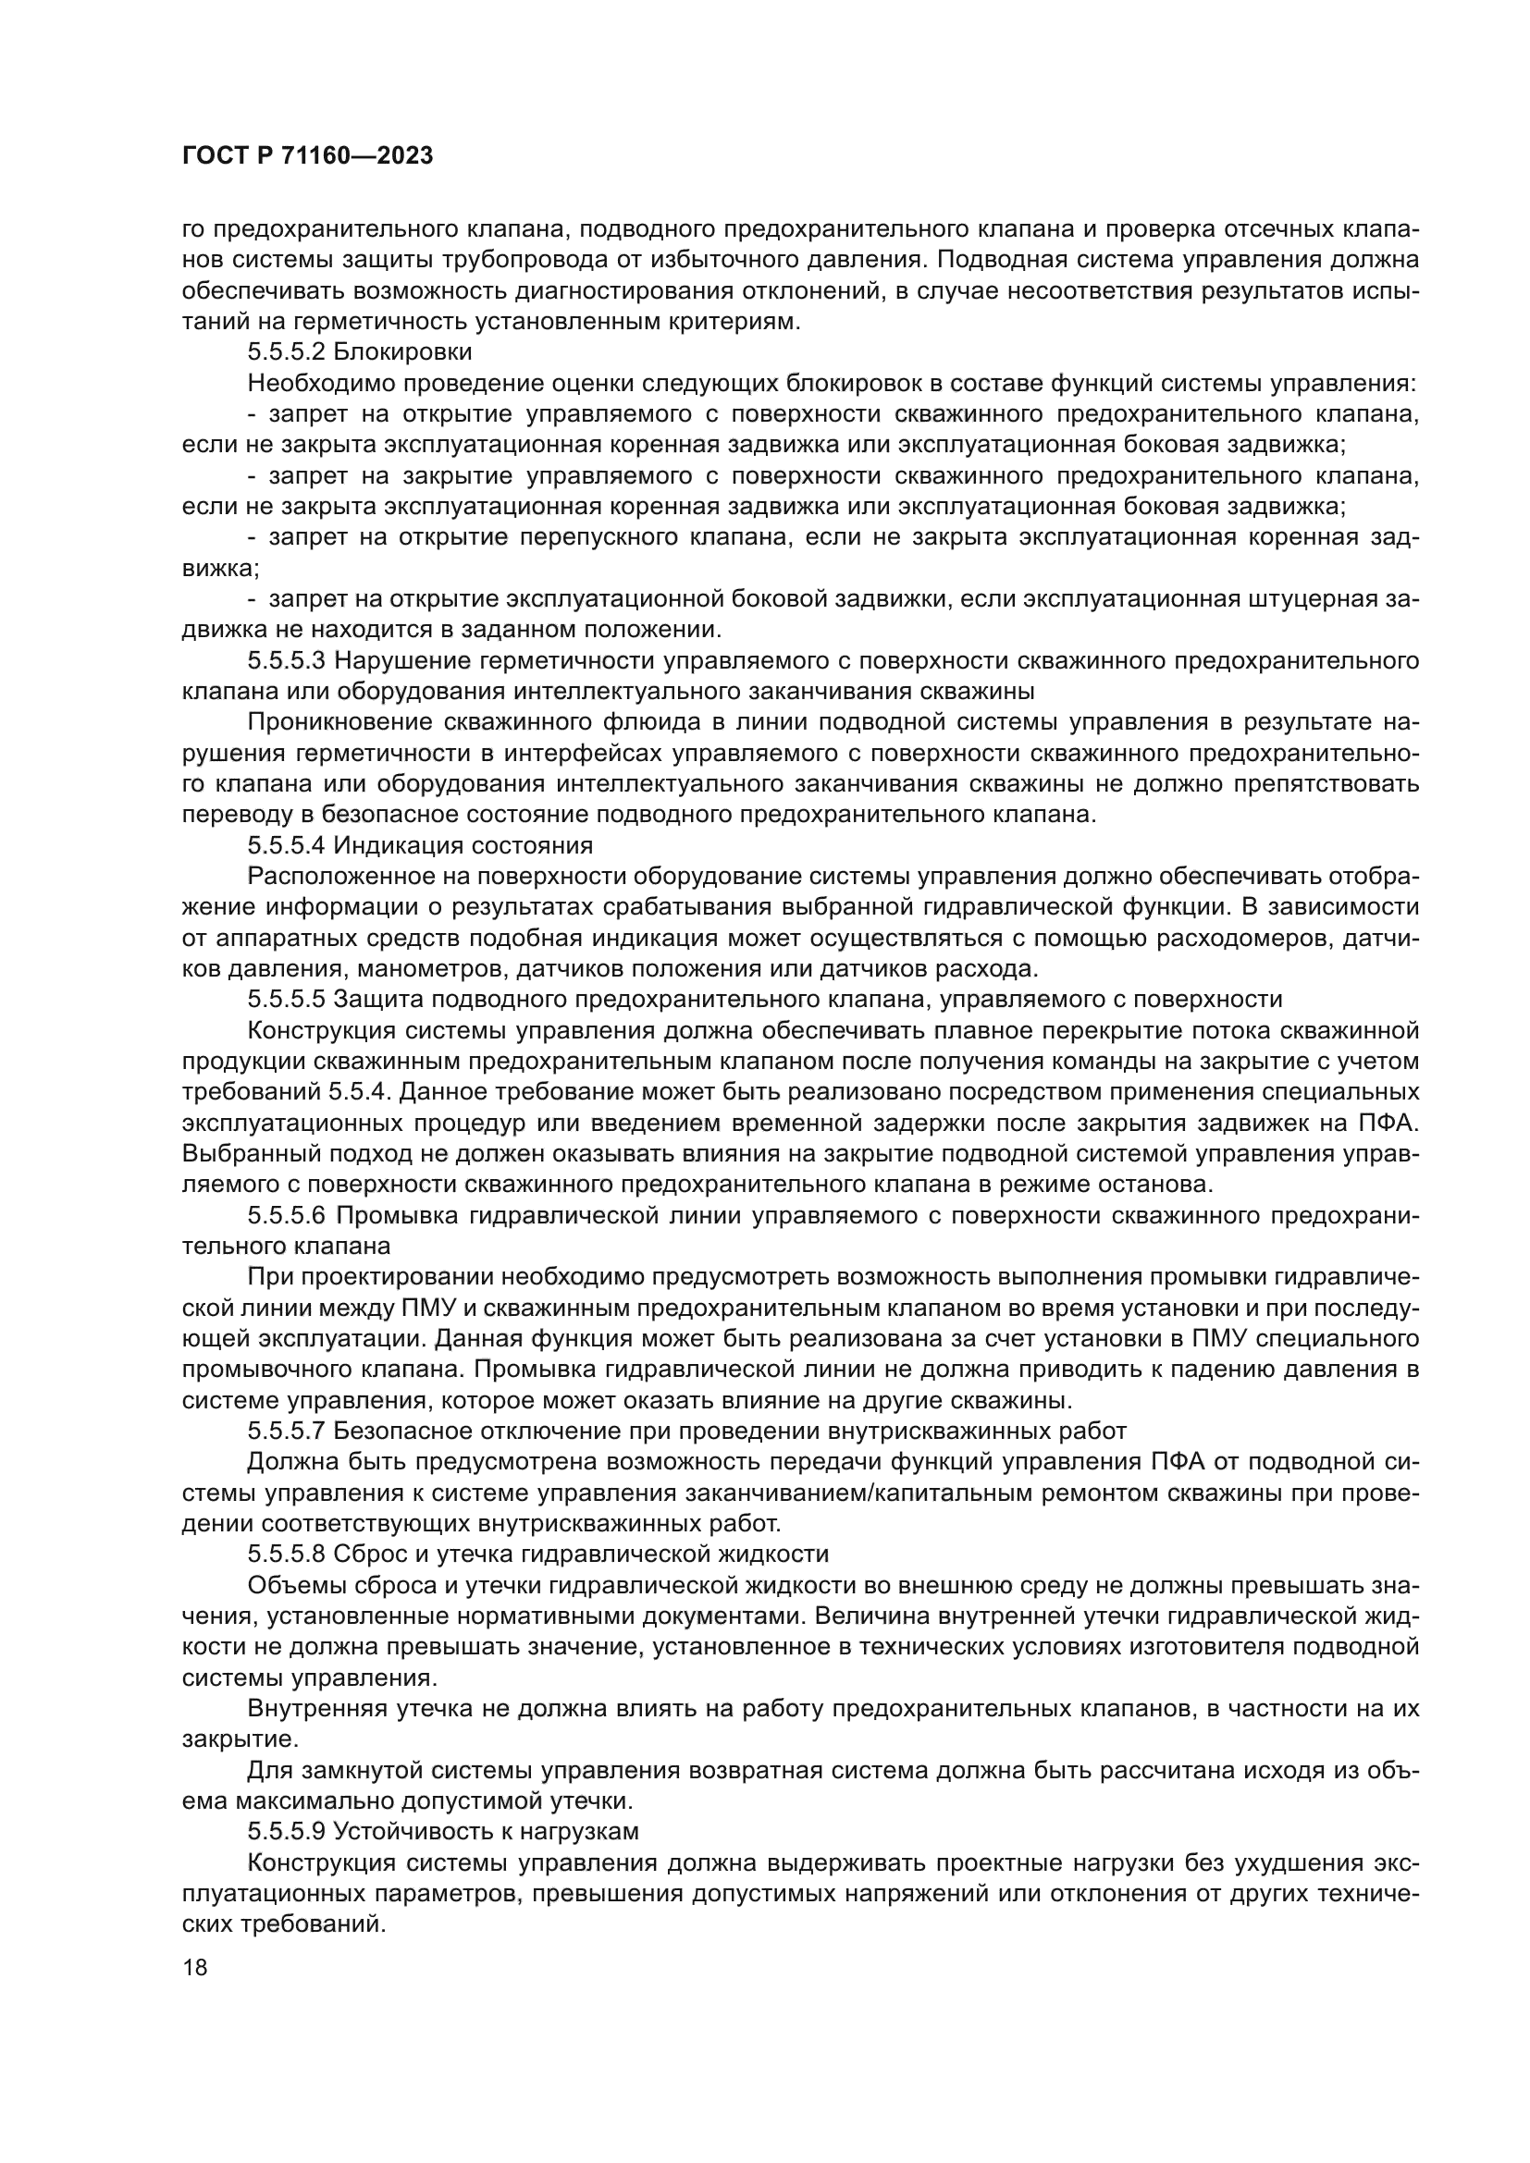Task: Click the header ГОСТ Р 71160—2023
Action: [x=307, y=156]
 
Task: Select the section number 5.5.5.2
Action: [x=287, y=352]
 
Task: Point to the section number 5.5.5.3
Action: [x=287, y=660]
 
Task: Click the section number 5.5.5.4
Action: [x=287, y=845]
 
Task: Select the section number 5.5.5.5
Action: [x=287, y=1000]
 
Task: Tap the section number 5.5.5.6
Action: [x=287, y=1215]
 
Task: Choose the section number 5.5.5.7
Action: [x=287, y=1431]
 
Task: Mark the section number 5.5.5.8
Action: [x=287, y=1555]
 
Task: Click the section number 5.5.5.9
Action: [x=287, y=1831]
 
